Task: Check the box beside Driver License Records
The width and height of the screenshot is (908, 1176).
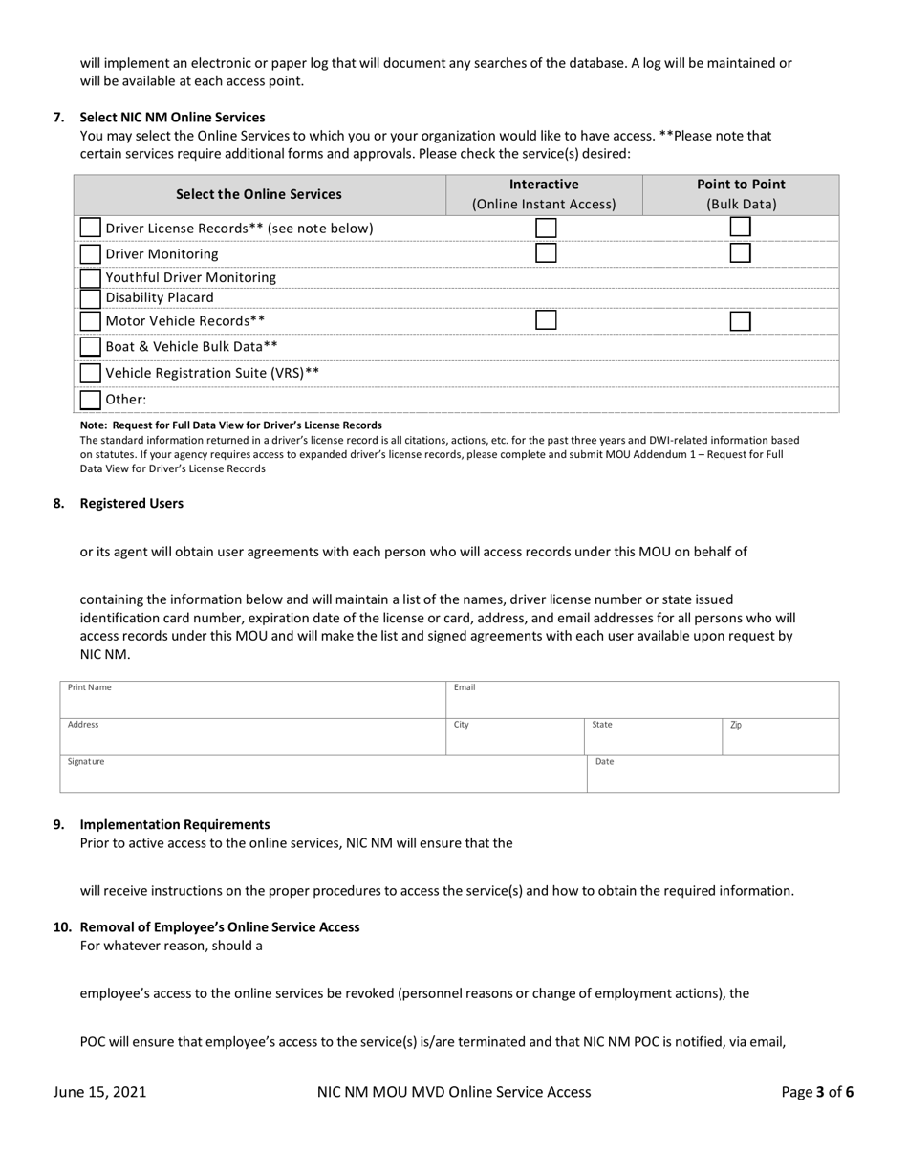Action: [x=90, y=228]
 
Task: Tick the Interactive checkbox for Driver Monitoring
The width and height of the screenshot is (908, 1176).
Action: [x=546, y=253]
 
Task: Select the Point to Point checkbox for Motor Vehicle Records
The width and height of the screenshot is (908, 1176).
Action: [x=740, y=321]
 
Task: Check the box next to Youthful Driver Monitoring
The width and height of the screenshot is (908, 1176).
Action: [x=90, y=277]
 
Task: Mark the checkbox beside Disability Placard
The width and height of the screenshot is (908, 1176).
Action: [x=90, y=297]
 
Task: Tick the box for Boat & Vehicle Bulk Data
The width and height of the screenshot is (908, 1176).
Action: [x=90, y=346]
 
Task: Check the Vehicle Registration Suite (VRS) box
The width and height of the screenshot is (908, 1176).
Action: [x=90, y=373]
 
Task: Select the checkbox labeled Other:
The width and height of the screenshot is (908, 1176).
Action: [x=90, y=400]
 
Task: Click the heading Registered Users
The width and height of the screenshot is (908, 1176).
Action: [x=132, y=504]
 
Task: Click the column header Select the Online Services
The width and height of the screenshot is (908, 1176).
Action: [x=259, y=194]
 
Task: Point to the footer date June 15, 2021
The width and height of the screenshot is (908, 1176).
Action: [x=100, y=1092]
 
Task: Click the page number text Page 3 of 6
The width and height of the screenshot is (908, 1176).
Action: [x=817, y=1092]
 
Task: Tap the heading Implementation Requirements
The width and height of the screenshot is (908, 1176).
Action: [x=175, y=825]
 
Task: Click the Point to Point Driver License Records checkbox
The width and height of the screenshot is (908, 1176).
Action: [x=740, y=228]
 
